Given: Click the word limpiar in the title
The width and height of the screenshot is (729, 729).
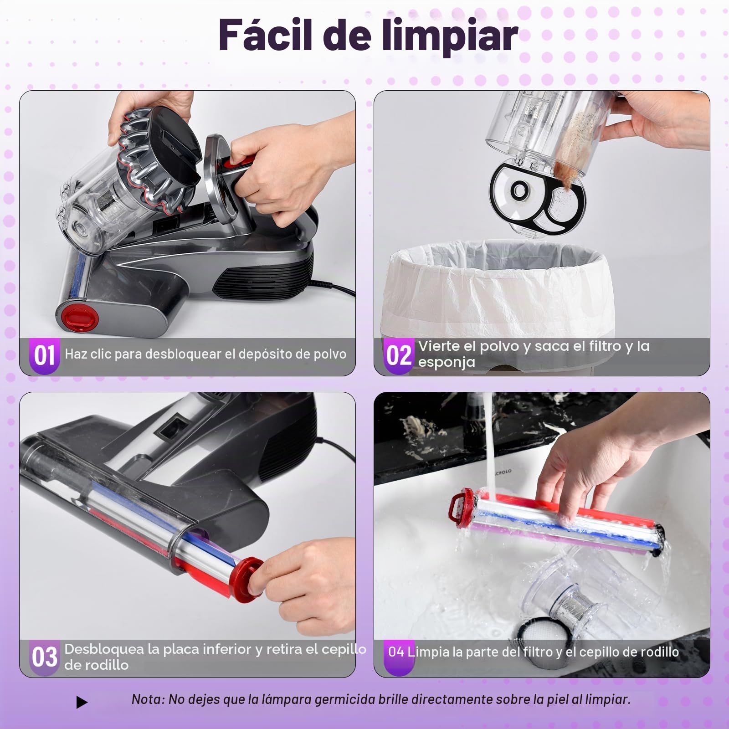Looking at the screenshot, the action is point(448,36).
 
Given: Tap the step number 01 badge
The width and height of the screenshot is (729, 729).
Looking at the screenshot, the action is point(44,355).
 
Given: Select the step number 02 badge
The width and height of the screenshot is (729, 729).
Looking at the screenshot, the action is point(399,355).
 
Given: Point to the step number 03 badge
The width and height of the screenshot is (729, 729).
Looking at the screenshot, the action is point(44,657).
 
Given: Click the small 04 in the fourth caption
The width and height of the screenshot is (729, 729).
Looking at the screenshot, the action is point(396,652).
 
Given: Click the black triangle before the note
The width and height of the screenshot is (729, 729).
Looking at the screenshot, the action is point(82,703).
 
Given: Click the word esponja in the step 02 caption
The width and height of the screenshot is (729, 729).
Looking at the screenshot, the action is point(447,362).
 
